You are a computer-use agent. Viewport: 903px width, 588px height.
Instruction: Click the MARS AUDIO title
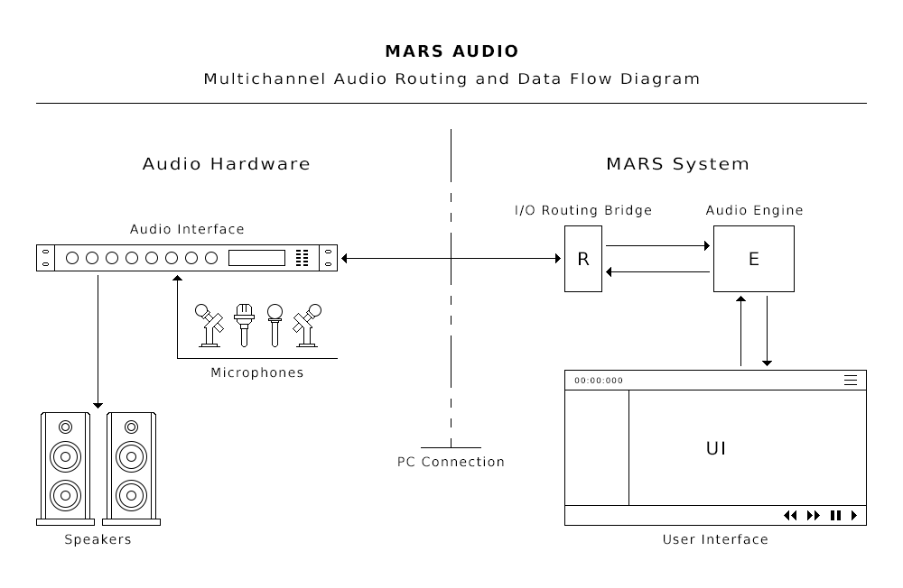click(451, 51)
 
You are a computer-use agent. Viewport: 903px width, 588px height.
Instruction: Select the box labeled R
click(583, 259)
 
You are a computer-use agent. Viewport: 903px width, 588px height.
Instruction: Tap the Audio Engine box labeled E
click(754, 259)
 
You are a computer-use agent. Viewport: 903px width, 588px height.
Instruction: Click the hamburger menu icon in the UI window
click(850, 381)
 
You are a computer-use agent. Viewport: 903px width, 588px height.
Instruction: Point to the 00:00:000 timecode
click(599, 381)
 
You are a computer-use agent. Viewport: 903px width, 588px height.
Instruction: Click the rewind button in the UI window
click(790, 516)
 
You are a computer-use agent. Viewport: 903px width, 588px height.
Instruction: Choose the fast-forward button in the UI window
click(814, 516)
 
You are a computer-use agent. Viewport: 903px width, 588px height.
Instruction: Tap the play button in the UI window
click(854, 516)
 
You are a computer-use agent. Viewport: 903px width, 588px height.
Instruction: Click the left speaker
click(65, 468)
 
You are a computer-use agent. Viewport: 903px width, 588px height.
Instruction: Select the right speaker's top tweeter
click(132, 427)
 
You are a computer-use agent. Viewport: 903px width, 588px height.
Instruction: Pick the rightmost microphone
click(307, 325)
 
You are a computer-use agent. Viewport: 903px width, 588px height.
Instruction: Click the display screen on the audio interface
click(256, 258)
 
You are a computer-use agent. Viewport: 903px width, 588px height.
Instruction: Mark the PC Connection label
click(451, 462)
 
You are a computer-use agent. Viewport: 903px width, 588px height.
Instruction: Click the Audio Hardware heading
click(226, 164)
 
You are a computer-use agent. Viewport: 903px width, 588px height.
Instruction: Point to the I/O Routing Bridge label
click(583, 211)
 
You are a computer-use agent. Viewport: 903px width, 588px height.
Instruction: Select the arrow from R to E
click(657, 245)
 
